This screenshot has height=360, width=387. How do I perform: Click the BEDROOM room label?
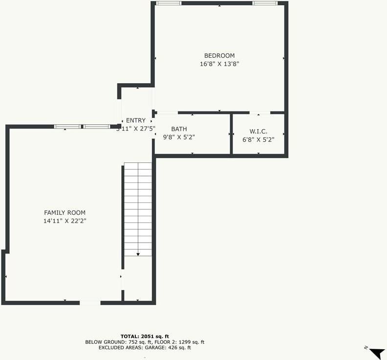[219, 56]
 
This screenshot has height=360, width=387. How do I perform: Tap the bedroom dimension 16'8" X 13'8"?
[219, 64]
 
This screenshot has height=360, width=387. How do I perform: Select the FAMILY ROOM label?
[64, 213]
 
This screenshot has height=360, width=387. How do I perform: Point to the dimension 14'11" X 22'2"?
[64, 221]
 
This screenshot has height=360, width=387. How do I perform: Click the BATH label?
[179, 129]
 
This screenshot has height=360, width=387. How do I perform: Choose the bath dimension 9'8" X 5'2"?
[179, 137]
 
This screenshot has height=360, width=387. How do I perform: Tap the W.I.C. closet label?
[258, 132]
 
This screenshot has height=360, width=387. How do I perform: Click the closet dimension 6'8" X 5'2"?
[258, 139]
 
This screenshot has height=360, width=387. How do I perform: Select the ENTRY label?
[136, 121]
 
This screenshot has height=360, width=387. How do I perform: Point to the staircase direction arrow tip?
[138, 254]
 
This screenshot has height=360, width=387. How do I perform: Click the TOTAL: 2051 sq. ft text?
[145, 337]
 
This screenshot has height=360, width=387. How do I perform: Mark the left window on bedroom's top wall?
[169, 3]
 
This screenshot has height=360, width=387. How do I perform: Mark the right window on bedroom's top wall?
[265, 3]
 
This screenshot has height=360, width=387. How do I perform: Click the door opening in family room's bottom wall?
[90, 303]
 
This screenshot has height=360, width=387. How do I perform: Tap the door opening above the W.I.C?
[259, 113]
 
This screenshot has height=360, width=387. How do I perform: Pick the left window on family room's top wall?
[67, 127]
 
